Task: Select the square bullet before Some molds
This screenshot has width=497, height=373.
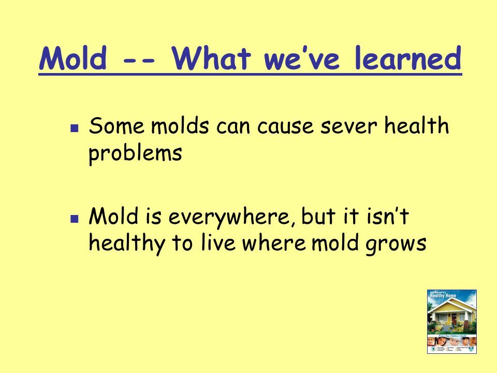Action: pyautogui.click(x=74, y=127)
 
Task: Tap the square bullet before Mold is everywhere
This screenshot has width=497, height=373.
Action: pyautogui.click(x=74, y=218)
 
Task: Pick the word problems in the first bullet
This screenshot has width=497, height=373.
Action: pyautogui.click(x=135, y=154)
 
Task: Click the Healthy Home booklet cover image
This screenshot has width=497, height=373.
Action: pyautogui.click(x=451, y=321)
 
